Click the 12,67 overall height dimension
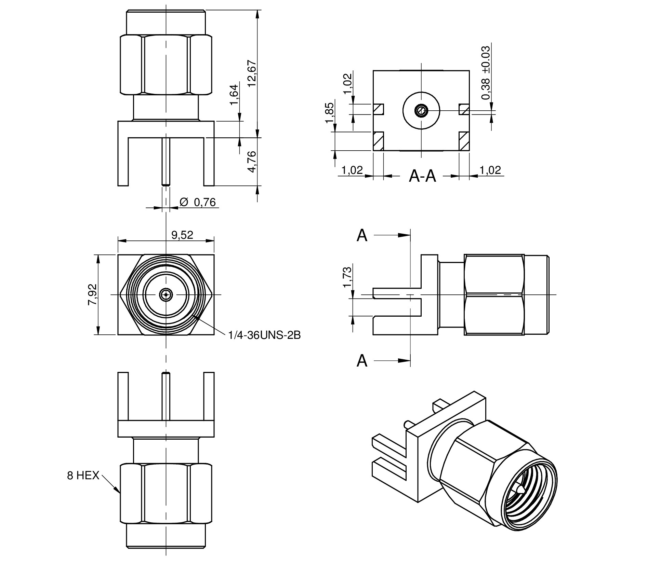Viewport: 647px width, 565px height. [x=252, y=73]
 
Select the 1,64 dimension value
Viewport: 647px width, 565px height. [x=234, y=95]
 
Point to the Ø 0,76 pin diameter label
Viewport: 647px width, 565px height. [x=198, y=203]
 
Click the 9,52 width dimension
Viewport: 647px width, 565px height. [x=182, y=235]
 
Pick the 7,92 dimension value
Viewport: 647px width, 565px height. [x=92, y=294]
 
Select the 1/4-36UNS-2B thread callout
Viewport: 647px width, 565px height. [x=264, y=335]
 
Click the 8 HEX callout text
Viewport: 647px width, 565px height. [x=83, y=476]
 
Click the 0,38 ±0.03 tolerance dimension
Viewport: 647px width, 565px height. [x=486, y=73]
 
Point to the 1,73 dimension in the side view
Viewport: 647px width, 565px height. [x=347, y=277]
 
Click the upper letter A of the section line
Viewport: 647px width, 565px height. [x=362, y=235]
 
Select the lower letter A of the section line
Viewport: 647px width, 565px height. [x=362, y=360]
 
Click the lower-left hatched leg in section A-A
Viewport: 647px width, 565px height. [x=378, y=141]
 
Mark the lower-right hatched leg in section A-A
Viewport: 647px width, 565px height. [x=464, y=141]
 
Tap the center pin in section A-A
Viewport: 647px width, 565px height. [x=421, y=110]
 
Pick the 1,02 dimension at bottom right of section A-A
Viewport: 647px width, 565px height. [x=490, y=170]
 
